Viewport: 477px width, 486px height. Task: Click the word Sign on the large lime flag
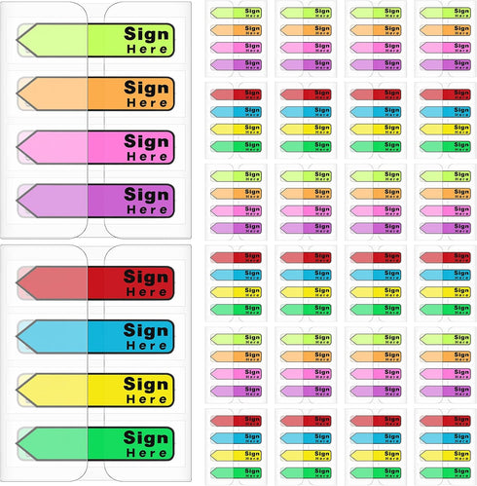coord(146,34)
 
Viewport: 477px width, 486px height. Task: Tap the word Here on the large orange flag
coord(147,103)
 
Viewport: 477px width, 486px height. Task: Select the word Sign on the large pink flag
coord(146,141)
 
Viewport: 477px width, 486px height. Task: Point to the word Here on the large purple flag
coord(147,209)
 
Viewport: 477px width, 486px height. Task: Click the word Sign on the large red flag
coord(146,278)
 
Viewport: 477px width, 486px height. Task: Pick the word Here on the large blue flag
coord(147,346)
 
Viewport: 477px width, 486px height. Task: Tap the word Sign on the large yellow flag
coord(146,385)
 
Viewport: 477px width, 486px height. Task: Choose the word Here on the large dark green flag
coord(147,453)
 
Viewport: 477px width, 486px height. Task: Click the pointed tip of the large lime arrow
coord(17,40)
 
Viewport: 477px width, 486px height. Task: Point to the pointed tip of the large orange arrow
coord(17,93)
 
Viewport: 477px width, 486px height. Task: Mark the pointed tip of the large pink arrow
coord(17,147)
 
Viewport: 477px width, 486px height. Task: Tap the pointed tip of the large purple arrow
coord(17,201)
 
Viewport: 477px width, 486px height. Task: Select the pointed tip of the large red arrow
coord(17,282)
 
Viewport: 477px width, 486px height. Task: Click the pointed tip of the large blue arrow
coord(17,336)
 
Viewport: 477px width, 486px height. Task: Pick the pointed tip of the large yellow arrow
coord(17,390)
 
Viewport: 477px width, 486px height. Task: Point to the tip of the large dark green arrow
coord(17,443)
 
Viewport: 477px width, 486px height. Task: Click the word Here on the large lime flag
coord(147,50)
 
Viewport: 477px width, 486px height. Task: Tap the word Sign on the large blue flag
coord(146,331)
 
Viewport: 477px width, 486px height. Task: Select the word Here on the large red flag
coord(147,292)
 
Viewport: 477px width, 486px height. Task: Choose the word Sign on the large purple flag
coord(146,195)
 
